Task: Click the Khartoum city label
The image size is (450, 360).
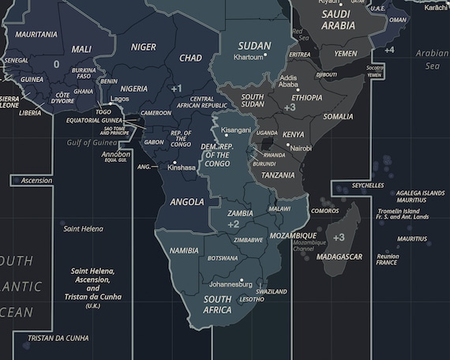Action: (248, 58)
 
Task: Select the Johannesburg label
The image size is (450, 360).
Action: (231, 283)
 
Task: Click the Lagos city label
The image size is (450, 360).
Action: (120, 99)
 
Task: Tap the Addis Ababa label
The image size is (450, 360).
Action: (288, 81)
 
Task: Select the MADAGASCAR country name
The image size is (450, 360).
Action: (339, 257)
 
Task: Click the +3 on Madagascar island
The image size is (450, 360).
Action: (339, 237)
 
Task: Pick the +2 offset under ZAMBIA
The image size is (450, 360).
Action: (233, 225)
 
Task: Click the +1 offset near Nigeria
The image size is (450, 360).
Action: (176, 88)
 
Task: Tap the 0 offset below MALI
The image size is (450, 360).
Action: (56, 64)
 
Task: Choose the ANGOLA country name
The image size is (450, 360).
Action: (186, 202)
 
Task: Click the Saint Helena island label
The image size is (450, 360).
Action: (83, 228)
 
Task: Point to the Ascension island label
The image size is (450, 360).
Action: (36, 180)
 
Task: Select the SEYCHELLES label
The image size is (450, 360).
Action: (368, 186)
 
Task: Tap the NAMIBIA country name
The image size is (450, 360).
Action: (184, 250)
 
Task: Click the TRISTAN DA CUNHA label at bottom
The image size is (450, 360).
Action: (58, 338)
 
